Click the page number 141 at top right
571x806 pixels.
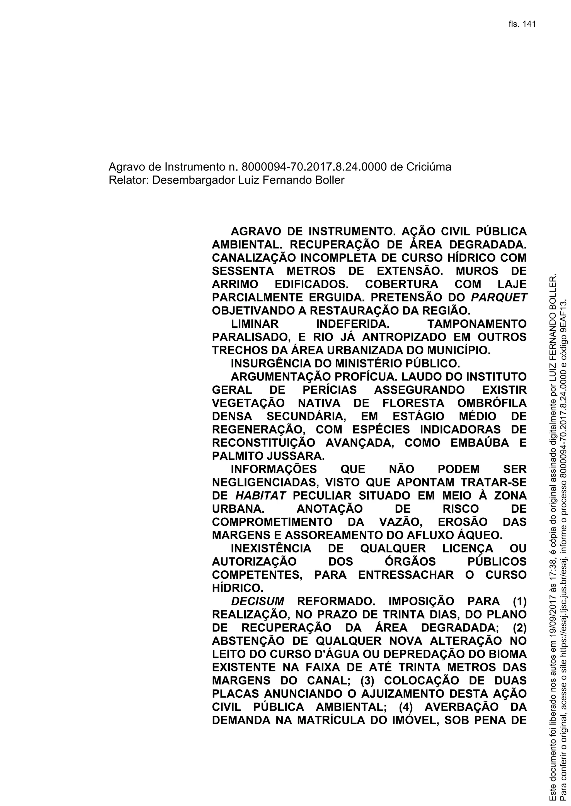click(x=529, y=24)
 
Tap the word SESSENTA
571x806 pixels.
click(x=243, y=271)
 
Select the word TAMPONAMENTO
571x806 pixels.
click(x=477, y=323)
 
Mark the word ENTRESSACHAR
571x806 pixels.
click(x=406, y=575)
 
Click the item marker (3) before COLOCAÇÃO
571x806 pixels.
click(x=367, y=681)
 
